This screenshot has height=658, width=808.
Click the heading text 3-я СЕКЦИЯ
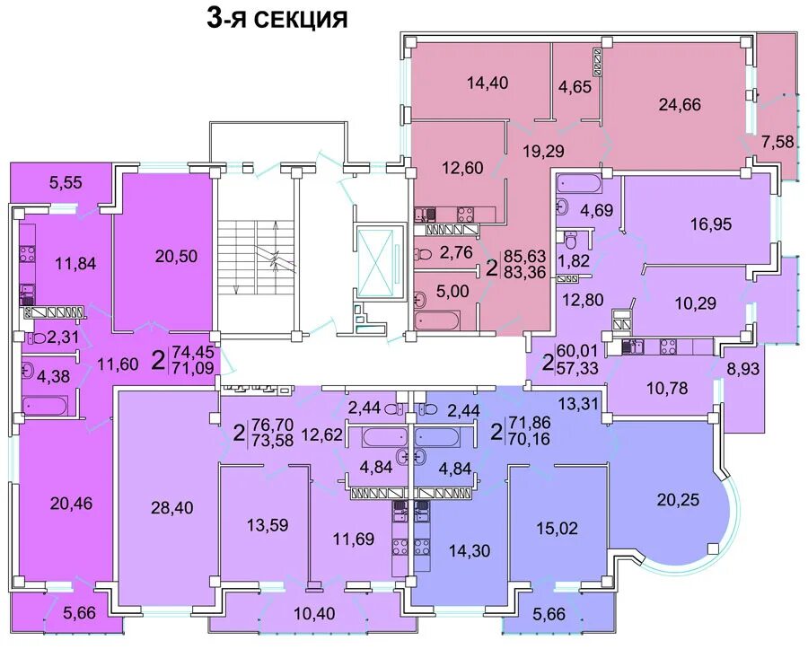(x=277, y=19)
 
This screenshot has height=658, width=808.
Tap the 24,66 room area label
(x=680, y=105)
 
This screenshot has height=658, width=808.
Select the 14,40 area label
(x=487, y=83)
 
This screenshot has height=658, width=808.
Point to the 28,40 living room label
(x=172, y=507)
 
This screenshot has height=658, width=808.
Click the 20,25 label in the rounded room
(x=679, y=499)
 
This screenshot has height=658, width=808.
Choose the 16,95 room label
(x=711, y=224)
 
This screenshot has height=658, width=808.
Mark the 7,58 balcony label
(x=777, y=141)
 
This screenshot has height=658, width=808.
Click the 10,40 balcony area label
(x=314, y=613)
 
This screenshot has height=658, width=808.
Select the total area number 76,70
(x=271, y=425)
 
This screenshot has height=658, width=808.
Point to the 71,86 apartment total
(x=529, y=423)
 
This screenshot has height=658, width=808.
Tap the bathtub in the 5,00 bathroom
(x=437, y=321)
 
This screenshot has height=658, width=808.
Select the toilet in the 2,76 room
(x=423, y=254)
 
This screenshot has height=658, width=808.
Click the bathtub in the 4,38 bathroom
(x=45, y=407)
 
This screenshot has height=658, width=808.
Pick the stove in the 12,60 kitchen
(x=465, y=213)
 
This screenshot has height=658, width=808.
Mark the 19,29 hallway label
(x=543, y=151)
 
